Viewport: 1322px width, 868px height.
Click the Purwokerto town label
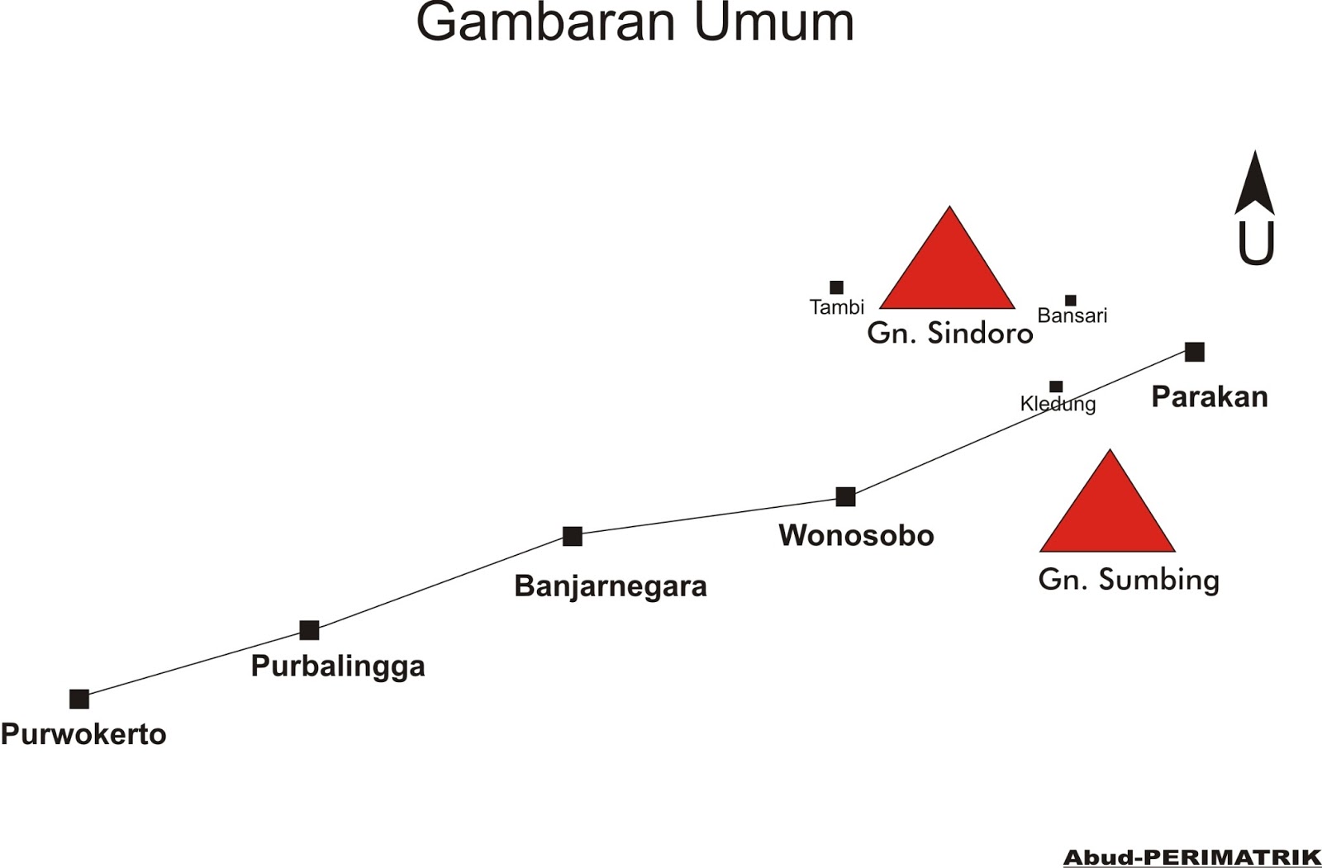(83, 733)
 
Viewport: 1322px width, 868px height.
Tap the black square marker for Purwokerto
(79, 699)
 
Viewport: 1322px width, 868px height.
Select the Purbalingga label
(338, 666)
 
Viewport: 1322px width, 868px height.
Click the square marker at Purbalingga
(309, 630)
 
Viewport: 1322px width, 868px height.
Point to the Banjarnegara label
(611, 586)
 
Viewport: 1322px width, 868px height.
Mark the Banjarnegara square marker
(573, 536)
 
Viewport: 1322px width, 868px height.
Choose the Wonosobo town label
(856, 535)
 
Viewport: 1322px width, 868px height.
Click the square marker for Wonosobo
(845, 496)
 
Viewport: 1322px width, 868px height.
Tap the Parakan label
(1210, 397)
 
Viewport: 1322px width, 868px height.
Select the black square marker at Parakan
(1194, 352)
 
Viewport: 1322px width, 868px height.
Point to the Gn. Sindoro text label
(950, 333)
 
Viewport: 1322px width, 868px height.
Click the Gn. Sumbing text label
(1129, 579)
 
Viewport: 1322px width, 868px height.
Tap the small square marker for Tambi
(836, 287)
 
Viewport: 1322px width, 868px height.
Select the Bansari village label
(1072, 315)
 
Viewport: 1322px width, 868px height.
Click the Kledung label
(1058, 404)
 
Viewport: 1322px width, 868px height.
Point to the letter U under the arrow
(1255, 244)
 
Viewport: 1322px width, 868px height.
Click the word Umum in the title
(773, 22)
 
